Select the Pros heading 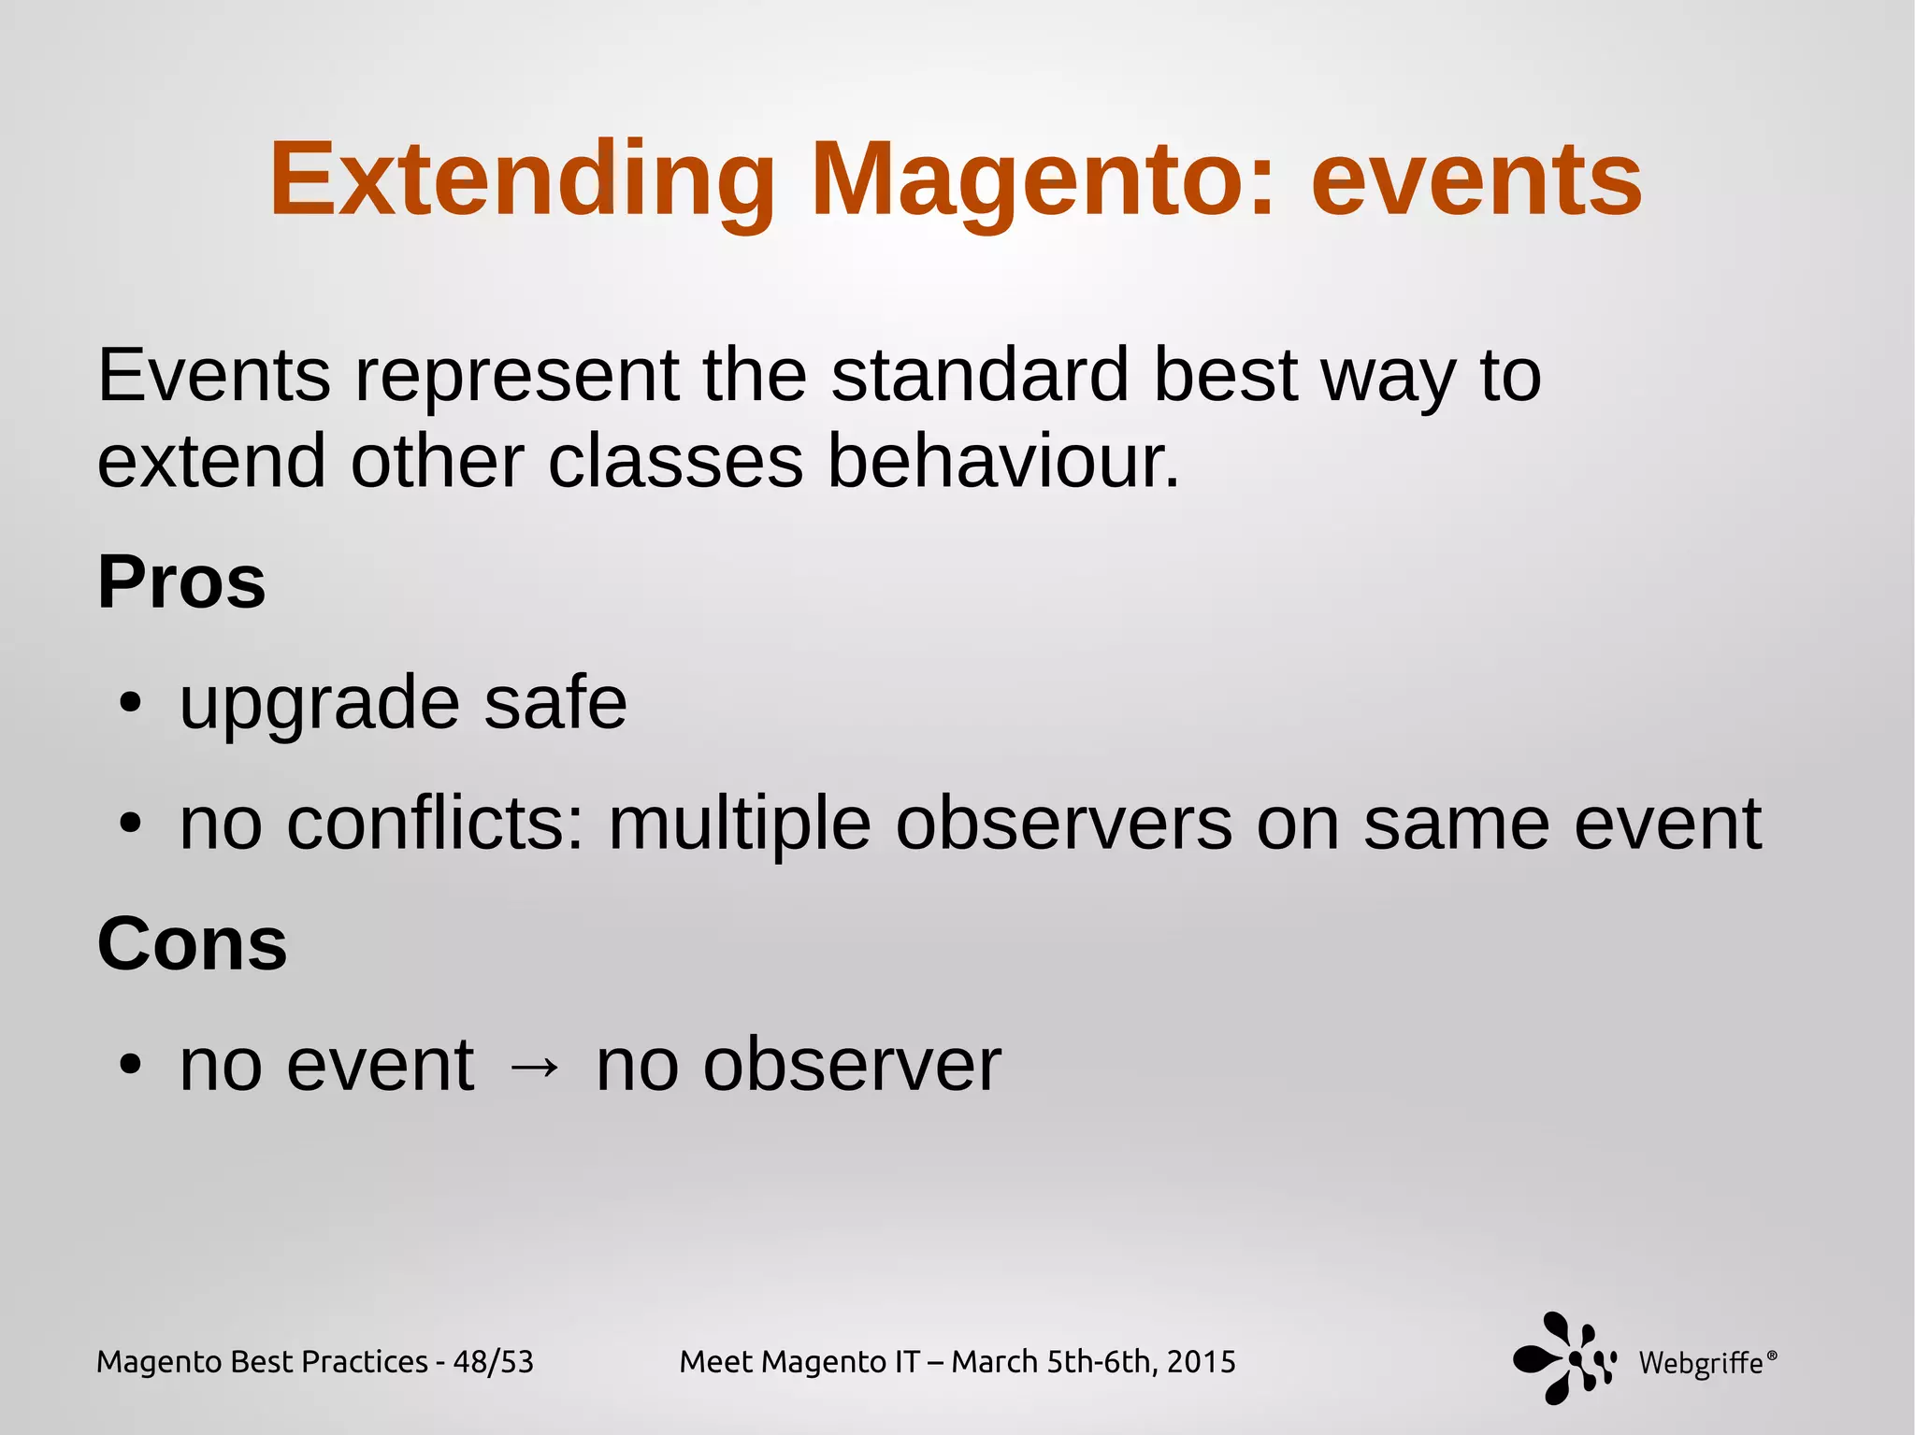181,582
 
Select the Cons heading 192,943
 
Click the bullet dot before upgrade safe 130,703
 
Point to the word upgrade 319,703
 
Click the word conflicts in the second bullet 435,824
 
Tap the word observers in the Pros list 1063,824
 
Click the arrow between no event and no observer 534,1066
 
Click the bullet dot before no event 130,1065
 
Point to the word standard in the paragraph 979,375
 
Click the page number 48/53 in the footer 493,1362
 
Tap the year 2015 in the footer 1202,1362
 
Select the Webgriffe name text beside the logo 1701,1363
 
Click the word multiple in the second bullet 740,824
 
